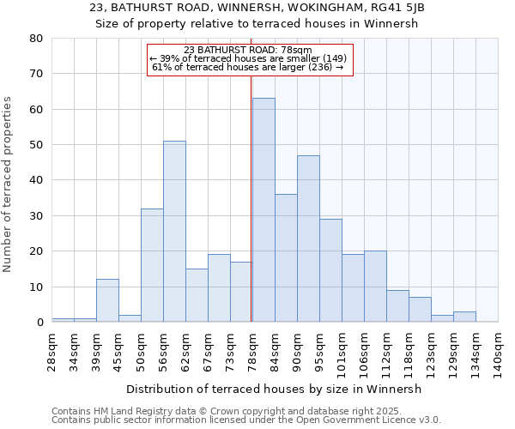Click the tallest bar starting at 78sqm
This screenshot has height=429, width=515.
click(x=264, y=210)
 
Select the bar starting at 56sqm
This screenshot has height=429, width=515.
click(x=174, y=232)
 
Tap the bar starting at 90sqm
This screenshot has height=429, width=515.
click(x=308, y=239)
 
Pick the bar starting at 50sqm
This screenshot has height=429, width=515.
click(x=152, y=265)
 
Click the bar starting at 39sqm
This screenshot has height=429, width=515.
click(x=107, y=300)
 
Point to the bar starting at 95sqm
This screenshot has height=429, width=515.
click(x=330, y=270)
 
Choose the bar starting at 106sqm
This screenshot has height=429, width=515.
click(x=375, y=287)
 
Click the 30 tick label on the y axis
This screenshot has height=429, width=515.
click(x=36, y=216)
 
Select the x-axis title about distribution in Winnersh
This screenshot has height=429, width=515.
click(x=274, y=389)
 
